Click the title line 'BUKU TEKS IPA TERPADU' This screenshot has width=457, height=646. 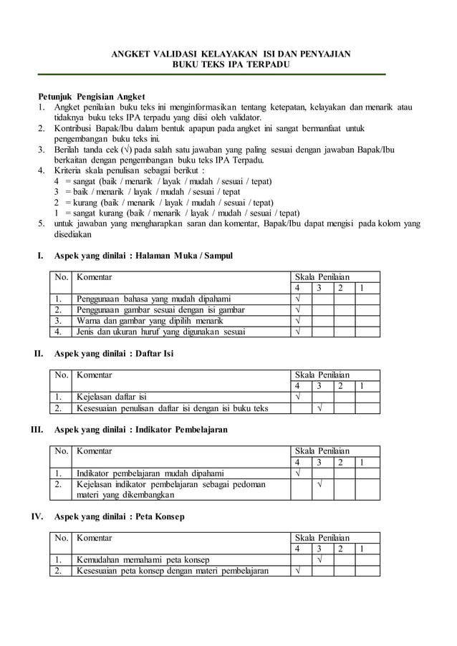[228, 64]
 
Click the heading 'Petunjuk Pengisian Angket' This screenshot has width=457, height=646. [91, 96]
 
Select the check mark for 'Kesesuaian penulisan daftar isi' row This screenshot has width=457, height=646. [320, 408]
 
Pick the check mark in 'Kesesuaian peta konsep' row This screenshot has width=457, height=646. [299, 571]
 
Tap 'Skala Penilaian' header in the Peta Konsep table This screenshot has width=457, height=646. [322, 538]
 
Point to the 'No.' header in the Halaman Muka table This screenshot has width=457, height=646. [61, 276]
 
